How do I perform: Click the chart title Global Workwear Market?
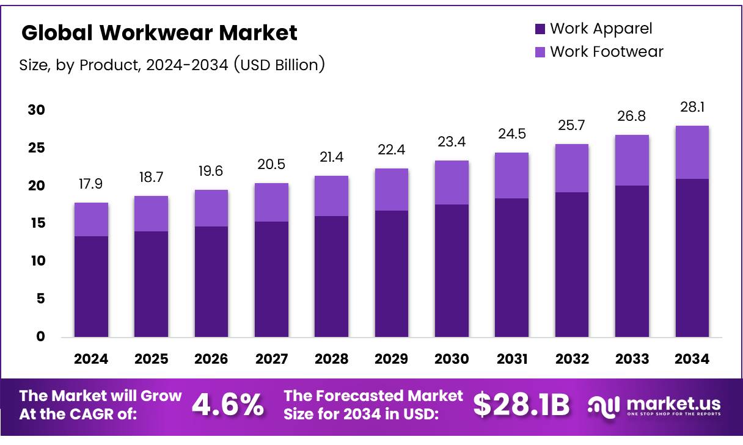coord(159,33)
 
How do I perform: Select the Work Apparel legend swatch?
coord(540,29)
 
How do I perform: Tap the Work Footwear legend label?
coord(606,51)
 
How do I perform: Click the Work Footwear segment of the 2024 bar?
coord(91,219)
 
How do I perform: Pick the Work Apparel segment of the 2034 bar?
coord(692,258)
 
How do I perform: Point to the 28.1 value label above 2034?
coord(692,107)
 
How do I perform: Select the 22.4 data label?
coord(392,150)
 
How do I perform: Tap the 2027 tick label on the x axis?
coord(271,359)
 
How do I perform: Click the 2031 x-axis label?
coord(512,359)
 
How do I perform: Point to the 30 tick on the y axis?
coord(36,110)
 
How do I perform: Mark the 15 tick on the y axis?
coord(36,223)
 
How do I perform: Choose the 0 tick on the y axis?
coord(40,336)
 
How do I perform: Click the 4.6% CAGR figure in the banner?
coord(228,404)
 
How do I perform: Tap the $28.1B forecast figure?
coord(521,404)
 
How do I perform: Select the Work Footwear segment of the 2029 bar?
coord(392,189)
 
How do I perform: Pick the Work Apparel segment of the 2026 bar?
coord(211,281)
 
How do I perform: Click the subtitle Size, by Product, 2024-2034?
coord(172,65)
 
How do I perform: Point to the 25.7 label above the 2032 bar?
coord(572,126)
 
